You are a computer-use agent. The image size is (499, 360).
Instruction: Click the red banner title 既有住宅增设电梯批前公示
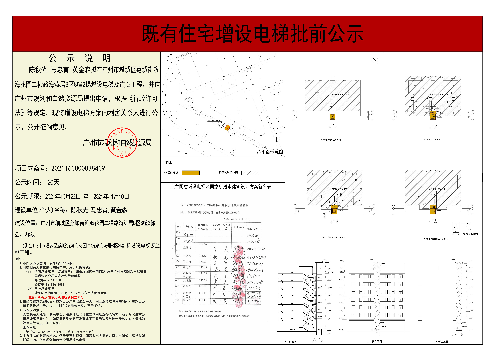point(253,33)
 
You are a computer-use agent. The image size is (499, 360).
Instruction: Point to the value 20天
point(53,182)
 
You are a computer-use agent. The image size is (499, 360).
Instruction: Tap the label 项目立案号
point(31,168)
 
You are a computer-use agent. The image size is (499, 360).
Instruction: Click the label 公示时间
point(29,182)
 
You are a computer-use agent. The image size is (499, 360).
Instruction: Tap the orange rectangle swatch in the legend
point(191,173)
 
